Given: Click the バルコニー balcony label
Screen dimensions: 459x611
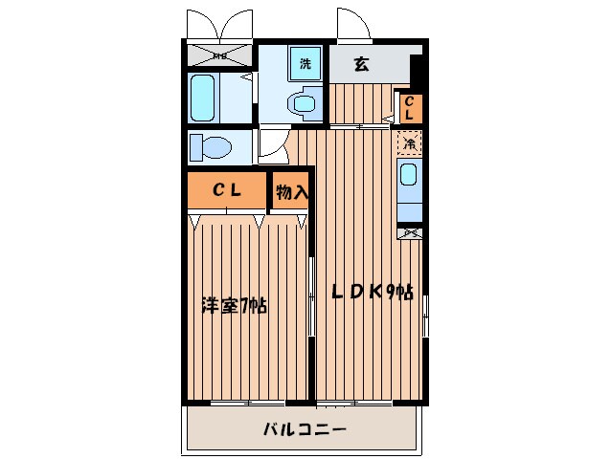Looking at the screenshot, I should point(305,429).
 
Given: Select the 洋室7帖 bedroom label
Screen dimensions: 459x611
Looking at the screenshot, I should point(234,306).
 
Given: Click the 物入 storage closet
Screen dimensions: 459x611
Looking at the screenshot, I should point(291,191).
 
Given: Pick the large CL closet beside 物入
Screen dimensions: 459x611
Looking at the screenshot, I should point(226,190).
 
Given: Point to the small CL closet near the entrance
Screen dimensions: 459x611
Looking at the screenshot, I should point(408,107).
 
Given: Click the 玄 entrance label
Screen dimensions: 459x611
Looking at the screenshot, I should point(362,65).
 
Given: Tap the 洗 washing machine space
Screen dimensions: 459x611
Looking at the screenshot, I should point(305,64).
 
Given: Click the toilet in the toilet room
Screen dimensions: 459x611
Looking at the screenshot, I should point(208,148).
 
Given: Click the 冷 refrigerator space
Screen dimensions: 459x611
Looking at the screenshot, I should point(409,144).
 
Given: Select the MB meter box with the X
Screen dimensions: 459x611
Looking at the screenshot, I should point(219,55).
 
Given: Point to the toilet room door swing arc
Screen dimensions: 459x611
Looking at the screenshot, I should point(270,149).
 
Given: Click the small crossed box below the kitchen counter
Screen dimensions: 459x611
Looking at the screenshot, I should point(409,232).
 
